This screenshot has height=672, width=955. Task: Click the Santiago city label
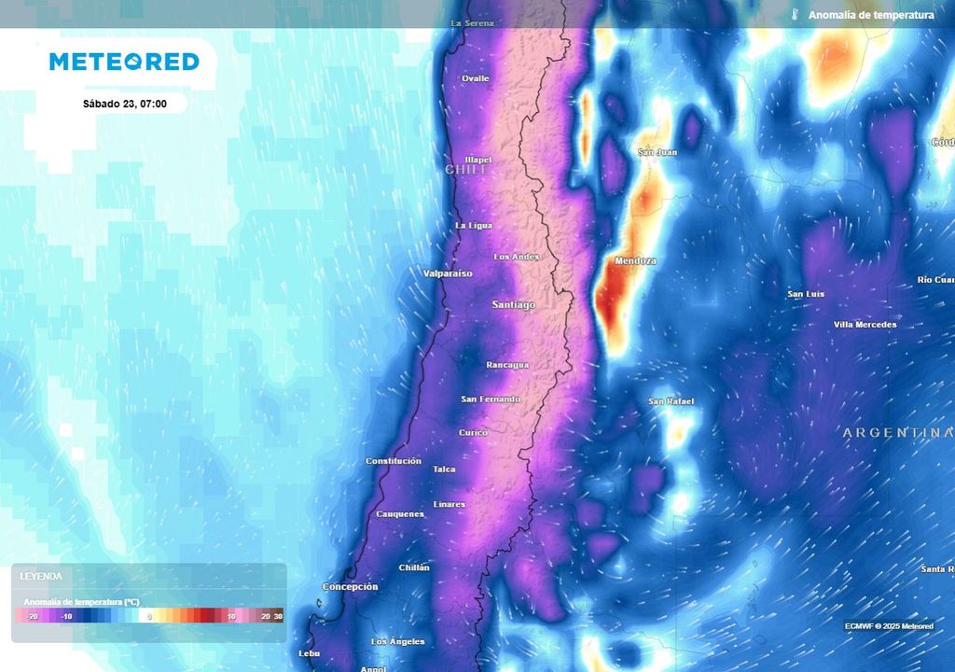[514, 305]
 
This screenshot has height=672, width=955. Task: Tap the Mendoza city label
[635, 261]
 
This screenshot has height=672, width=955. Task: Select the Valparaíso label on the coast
[448, 273]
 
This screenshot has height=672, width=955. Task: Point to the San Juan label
[657, 152]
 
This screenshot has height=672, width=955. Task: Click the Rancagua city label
[508, 365]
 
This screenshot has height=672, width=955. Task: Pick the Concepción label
[351, 587]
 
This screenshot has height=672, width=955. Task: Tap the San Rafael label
[671, 401]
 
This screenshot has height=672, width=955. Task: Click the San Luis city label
[806, 294]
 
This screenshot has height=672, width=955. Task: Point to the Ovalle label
[476, 78]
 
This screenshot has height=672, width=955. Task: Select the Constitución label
[394, 461]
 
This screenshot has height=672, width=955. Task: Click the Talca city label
[445, 469]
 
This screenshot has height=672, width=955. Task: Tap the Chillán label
[414, 567]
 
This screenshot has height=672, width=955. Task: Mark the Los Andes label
[517, 257]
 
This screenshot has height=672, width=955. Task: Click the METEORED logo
[124, 62]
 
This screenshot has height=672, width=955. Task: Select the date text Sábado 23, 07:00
[124, 104]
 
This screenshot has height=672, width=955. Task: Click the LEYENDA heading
[41, 577]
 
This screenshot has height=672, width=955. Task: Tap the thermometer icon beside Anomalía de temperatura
[795, 15]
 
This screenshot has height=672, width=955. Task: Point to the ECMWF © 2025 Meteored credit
[889, 625]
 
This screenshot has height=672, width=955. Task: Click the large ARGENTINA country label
[898, 433]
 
